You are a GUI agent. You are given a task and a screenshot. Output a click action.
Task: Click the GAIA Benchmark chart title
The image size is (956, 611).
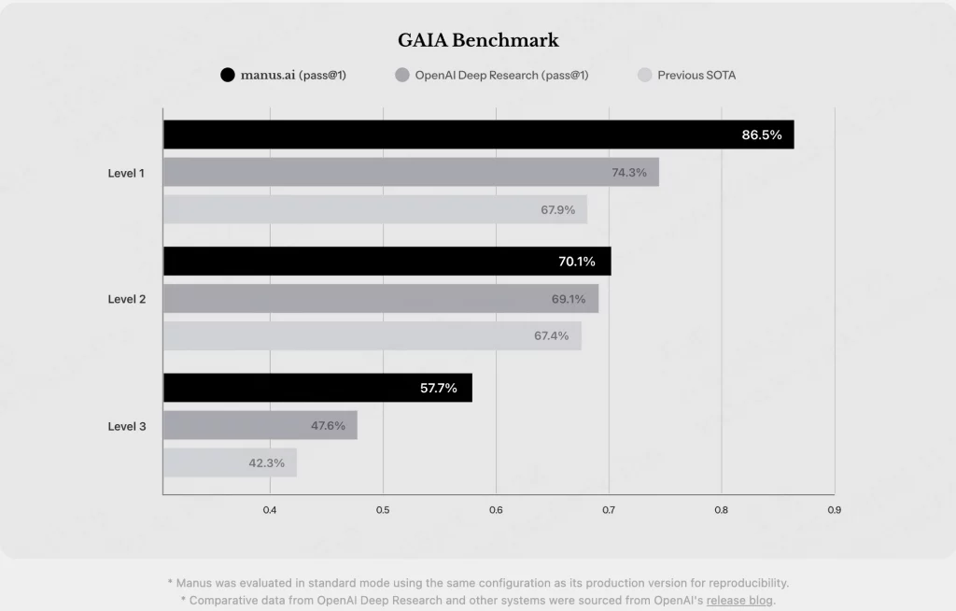pyautogui.click(x=478, y=40)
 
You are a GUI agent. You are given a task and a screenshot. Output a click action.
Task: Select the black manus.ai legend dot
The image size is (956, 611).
pyautogui.click(x=227, y=75)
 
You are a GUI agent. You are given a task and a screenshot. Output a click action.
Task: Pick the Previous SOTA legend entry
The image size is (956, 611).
pyautogui.click(x=696, y=75)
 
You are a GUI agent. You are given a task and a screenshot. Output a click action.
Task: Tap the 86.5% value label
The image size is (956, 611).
pyautogui.click(x=762, y=135)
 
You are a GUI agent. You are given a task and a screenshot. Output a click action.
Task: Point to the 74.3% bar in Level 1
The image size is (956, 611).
pyautogui.click(x=411, y=172)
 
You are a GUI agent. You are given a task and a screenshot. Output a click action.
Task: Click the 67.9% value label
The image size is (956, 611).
pyautogui.click(x=558, y=209)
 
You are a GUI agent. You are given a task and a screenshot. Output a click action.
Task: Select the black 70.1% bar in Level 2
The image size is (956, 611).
pyautogui.click(x=387, y=262)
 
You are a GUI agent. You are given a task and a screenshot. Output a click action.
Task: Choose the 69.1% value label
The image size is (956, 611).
pyautogui.click(x=569, y=299)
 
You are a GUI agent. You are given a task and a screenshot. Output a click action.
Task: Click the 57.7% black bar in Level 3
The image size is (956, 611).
pyautogui.click(x=317, y=388)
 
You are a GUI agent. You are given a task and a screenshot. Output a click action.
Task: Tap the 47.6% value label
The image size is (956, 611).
pyautogui.click(x=328, y=425)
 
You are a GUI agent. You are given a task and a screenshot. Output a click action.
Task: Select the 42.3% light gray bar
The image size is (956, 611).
pyautogui.click(x=230, y=462)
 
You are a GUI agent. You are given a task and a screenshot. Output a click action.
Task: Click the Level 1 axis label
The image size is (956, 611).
pyautogui.click(x=127, y=173)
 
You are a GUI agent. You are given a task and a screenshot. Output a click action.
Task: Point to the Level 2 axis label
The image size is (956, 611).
pyautogui.click(x=127, y=299)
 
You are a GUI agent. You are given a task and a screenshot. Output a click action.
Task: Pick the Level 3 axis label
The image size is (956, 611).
pyautogui.click(x=127, y=426)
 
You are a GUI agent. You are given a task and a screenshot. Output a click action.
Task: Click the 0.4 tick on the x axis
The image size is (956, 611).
pyautogui.click(x=270, y=510)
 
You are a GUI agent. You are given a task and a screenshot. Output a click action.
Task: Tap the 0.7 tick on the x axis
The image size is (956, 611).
pyautogui.click(x=609, y=510)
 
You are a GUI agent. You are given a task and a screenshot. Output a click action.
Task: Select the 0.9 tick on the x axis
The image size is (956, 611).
pyautogui.click(x=834, y=510)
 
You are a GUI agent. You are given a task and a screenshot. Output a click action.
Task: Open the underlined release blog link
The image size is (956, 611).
pyautogui.click(x=739, y=600)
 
